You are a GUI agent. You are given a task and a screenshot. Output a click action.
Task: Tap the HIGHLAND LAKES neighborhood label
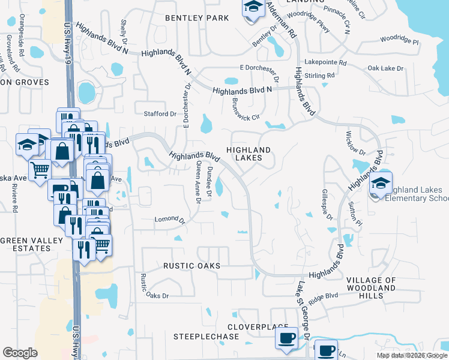point(249,154)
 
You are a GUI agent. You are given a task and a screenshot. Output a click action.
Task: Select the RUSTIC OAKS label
point(191,265)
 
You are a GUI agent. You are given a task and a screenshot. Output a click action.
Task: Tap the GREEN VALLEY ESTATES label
point(31,245)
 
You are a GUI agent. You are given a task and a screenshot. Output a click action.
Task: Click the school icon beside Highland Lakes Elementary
point(381,184)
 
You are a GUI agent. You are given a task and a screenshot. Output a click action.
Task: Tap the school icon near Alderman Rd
point(253,7)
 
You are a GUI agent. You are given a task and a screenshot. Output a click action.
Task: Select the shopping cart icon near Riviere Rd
point(40,170)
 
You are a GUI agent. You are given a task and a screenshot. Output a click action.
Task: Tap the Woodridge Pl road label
point(399,41)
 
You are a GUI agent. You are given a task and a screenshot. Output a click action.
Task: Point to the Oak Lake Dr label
point(385,68)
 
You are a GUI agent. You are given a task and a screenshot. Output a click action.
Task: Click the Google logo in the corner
point(20,353)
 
